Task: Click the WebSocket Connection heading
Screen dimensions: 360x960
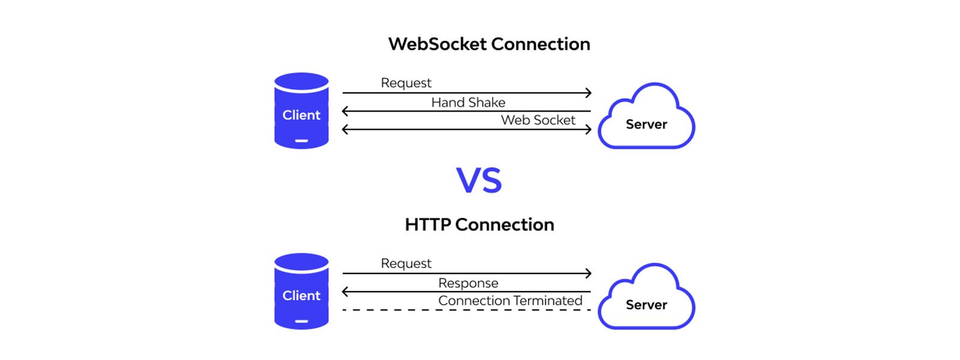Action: click(489, 44)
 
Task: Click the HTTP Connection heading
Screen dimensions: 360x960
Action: click(479, 224)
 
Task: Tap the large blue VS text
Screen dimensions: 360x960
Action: click(479, 181)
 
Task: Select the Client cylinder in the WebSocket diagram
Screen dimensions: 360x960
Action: click(301, 111)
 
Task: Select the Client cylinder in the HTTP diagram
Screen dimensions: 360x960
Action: click(301, 292)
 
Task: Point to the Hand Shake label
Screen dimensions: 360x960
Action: click(468, 103)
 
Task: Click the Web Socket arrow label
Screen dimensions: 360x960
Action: click(538, 120)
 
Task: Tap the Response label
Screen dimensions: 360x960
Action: click(468, 283)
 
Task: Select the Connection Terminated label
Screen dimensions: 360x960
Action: click(510, 301)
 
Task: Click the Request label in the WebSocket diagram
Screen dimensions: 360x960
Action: click(406, 83)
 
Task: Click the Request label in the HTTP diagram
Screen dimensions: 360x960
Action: click(406, 263)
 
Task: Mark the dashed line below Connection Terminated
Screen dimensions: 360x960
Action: click(466, 310)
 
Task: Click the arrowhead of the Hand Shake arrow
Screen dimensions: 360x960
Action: click(345, 111)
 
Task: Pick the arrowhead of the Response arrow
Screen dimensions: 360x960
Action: click(345, 292)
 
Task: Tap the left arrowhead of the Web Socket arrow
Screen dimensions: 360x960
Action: click(345, 129)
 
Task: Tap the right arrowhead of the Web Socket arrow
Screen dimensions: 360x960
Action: click(589, 129)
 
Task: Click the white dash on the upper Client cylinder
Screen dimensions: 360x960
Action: click(301, 141)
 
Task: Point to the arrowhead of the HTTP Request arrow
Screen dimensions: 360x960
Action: click(589, 274)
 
